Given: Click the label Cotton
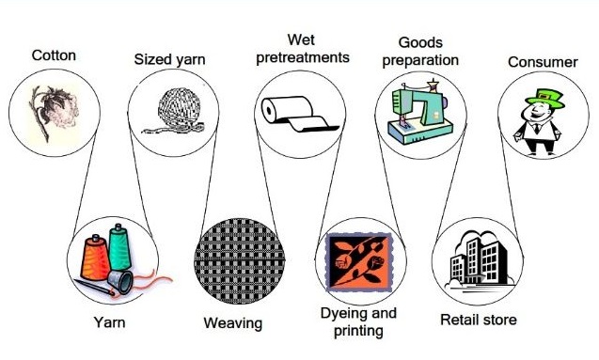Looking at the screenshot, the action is (54, 55).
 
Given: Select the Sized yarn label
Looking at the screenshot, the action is (170, 60).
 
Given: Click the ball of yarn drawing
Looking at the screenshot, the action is (170, 112).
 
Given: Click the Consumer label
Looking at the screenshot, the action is (543, 62).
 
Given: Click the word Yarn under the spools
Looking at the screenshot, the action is (109, 323).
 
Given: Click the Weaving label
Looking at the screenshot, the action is (233, 324).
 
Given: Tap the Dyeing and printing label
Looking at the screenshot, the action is (358, 321).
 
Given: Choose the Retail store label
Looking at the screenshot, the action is (478, 321).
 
